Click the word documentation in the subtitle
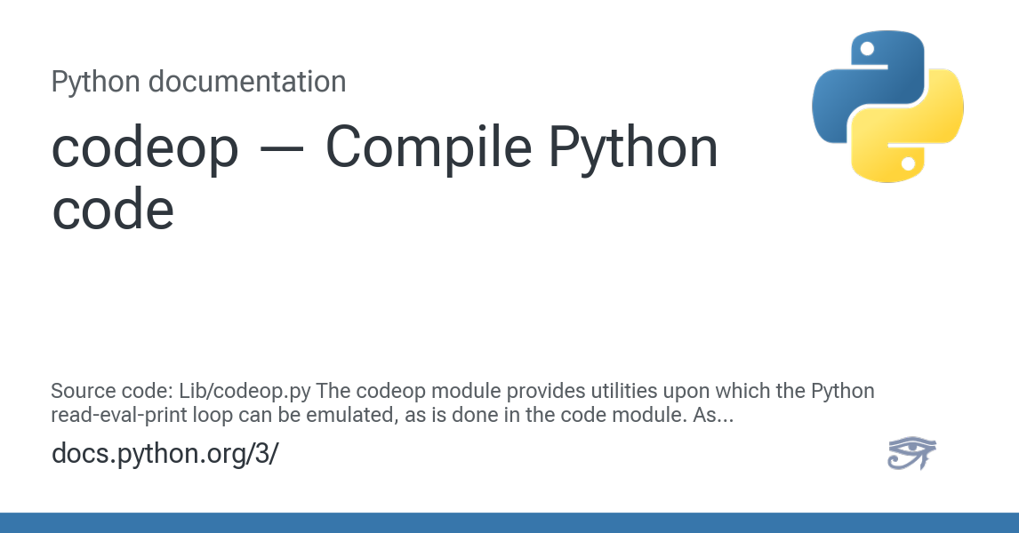[247, 82]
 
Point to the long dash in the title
[281, 149]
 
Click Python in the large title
[634, 149]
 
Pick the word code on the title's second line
[113, 210]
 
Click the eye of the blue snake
[866, 49]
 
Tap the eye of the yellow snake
[909, 163]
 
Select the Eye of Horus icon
[911, 453]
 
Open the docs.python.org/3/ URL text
[165, 454]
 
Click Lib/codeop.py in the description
[245, 392]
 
